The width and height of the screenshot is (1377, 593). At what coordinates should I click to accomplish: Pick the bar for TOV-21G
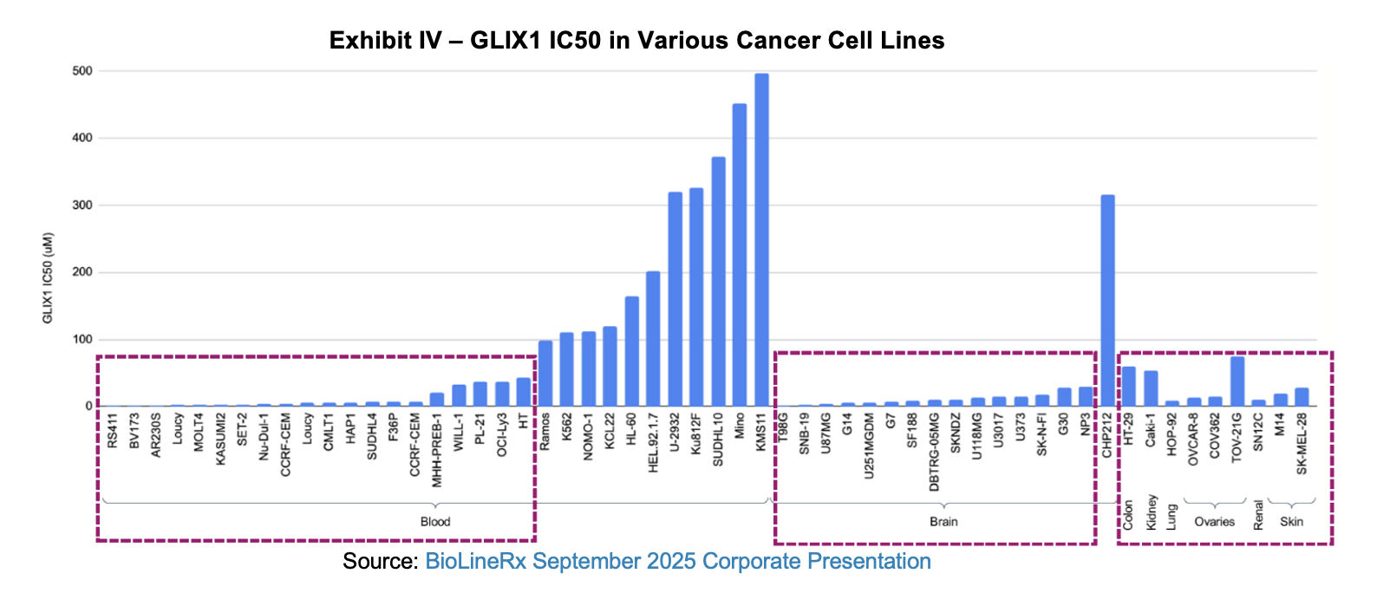pos(1237,381)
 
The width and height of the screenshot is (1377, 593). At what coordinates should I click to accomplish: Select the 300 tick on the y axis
pos(82,205)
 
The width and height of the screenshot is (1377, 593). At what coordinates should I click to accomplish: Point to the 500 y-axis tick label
pos(82,71)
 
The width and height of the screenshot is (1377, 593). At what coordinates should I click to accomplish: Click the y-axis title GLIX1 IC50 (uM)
pos(48,277)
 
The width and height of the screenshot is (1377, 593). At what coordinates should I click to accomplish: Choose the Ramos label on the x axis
pos(545,432)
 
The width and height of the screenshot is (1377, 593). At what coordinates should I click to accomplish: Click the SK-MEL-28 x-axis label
pos(1302,443)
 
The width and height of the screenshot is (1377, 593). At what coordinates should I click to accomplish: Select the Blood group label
pos(435,522)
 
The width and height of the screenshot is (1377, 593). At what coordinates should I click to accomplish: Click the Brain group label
pos(943,522)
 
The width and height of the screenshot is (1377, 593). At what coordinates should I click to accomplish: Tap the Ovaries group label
pos(1214,522)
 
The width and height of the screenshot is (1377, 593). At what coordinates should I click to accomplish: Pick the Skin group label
pos(1291,522)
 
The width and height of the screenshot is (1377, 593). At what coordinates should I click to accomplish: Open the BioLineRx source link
pos(677,562)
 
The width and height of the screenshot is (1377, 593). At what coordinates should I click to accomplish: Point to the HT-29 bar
pos(1129,387)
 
